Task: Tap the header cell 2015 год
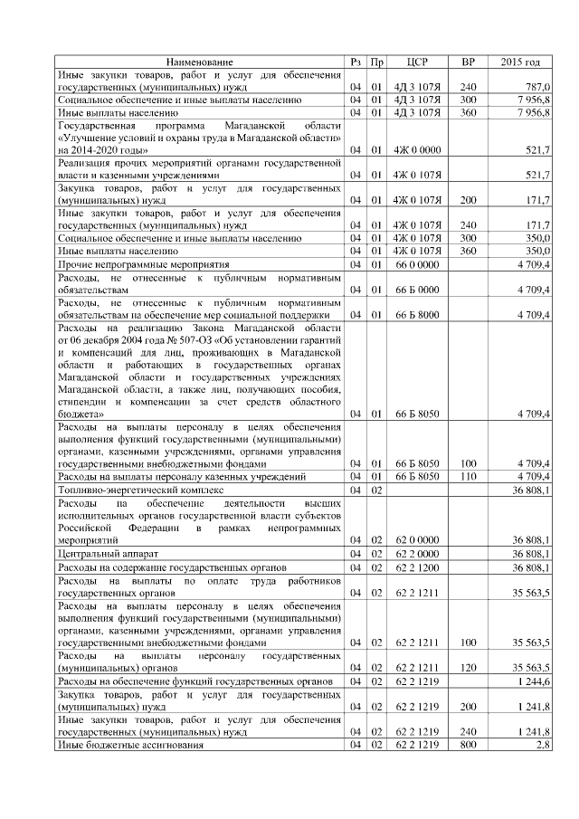pyautogui.click(x=520, y=62)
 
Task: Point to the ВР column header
pyautogui.click(x=468, y=62)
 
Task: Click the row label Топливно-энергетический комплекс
pyautogui.click(x=139, y=489)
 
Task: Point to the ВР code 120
pyautogui.click(x=468, y=666)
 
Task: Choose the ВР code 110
pyautogui.click(x=468, y=476)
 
